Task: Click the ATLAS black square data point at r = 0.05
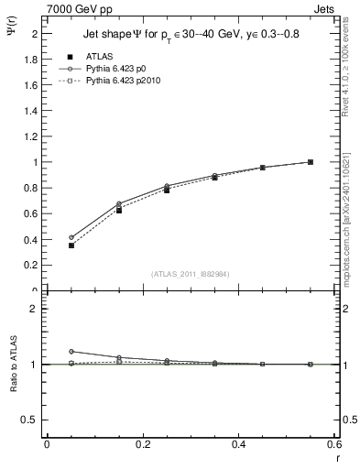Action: [71, 245]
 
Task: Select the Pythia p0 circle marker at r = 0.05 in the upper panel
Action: [71, 237]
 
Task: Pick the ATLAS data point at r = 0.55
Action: [311, 162]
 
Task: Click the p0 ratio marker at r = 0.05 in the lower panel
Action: [71, 351]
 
